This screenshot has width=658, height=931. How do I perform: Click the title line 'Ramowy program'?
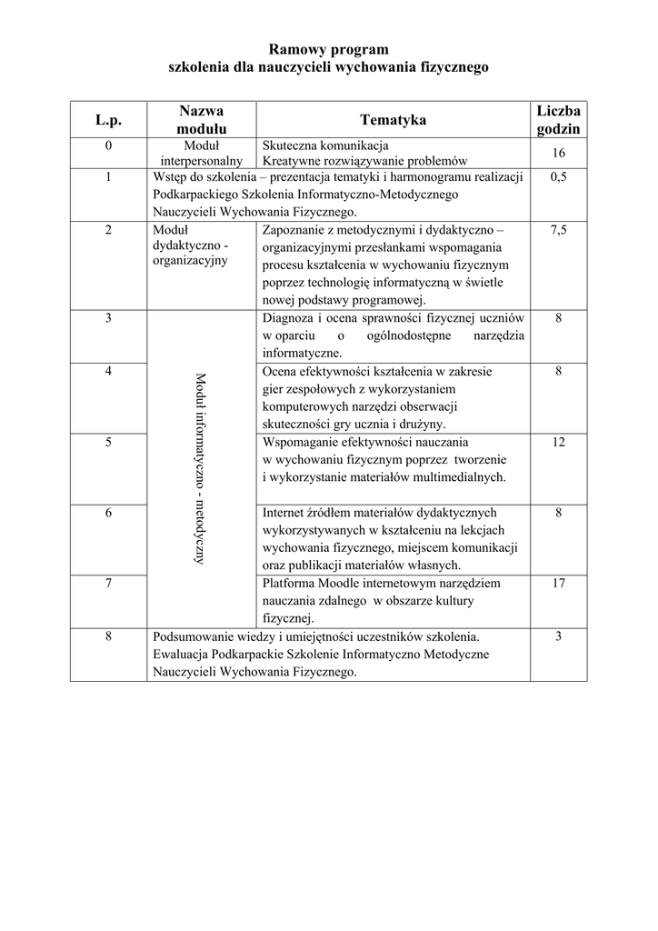[x=329, y=49]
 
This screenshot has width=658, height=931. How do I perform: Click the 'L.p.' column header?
[x=108, y=120]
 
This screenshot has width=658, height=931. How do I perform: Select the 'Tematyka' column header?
[x=393, y=120]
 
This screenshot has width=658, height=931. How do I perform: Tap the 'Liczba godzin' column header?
[x=558, y=120]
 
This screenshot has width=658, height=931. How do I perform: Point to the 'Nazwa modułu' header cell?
[x=202, y=120]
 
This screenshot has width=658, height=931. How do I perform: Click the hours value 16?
[x=558, y=153]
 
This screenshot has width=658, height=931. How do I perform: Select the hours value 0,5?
[x=558, y=178]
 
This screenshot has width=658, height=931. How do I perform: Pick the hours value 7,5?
[x=558, y=231]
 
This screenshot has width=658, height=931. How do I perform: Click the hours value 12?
[x=558, y=442]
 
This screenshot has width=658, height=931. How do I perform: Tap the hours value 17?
[x=558, y=584]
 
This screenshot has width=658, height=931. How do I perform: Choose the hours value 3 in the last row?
[x=558, y=636]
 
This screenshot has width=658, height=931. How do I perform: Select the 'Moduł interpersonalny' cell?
[x=202, y=153]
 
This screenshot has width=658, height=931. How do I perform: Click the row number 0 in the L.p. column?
[x=108, y=145]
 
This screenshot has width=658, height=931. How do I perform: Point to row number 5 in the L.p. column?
[x=108, y=442]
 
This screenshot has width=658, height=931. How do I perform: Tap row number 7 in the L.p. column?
[x=108, y=584]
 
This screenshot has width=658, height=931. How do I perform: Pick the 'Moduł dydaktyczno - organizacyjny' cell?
[x=191, y=245]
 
